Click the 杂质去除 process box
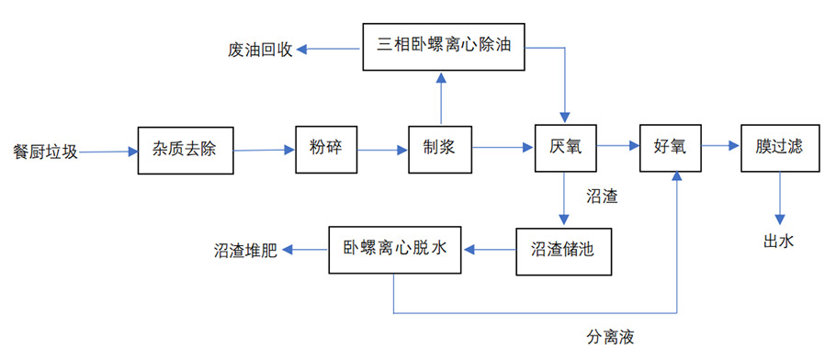click(184, 149)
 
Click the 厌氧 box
click(565, 147)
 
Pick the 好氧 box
click(671, 147)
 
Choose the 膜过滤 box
click(779, 147)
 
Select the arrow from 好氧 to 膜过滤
click(721, 147)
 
